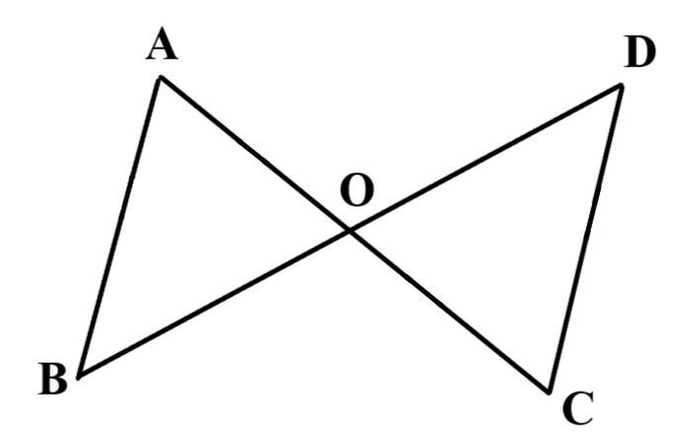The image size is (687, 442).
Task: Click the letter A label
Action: tap(162, 44)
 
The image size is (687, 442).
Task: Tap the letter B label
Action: tap(53, 379)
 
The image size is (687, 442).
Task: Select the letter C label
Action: tap(578, 408)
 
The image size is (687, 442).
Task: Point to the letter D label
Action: tap(640, 52)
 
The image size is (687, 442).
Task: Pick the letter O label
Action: tap(358, 190)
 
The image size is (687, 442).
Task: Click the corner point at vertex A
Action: tap(160, 78)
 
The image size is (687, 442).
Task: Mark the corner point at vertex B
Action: tap(79, 376)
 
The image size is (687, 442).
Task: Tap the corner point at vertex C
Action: tap(549, 392)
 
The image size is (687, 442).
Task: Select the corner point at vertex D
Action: tap(622, 85)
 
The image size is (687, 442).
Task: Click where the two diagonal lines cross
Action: tap(350, 230)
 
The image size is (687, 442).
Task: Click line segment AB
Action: tap(120, 227)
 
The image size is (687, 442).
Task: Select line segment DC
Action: tap(585, 238)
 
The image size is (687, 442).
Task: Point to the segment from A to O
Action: tap(255, 154)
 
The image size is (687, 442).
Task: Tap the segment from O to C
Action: tap(450, 311)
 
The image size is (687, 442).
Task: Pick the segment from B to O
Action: tap(215, 304)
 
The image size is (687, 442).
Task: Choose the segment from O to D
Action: tap(485, 158)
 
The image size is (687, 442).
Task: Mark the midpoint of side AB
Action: tap(120, 227)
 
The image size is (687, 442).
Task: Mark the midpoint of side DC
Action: tap(585, 238)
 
